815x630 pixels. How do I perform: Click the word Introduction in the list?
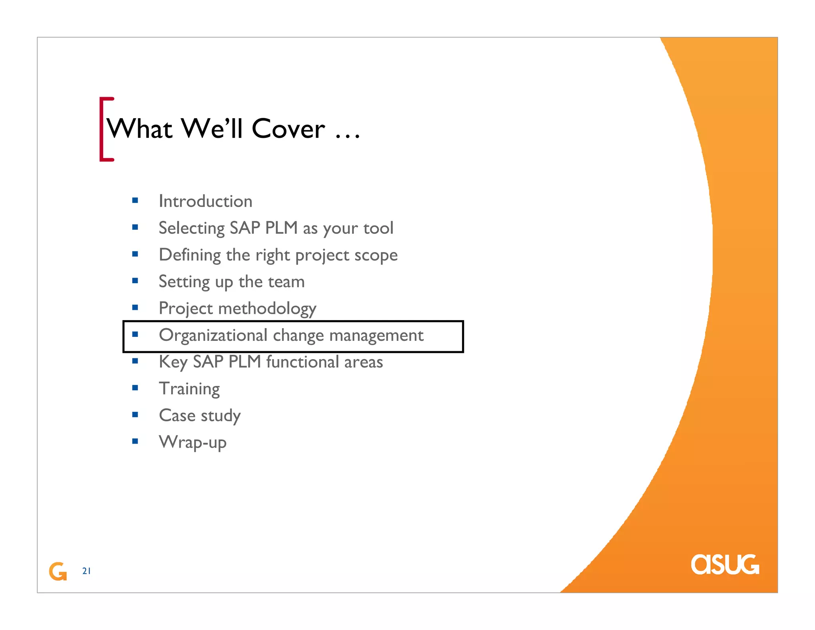tap(205, 201)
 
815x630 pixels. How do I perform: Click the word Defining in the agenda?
tap(189, 255)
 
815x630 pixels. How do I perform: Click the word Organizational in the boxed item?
tap(213, 335)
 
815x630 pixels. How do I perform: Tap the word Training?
tap(189, 389)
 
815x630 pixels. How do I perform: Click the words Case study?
tap(200, 416)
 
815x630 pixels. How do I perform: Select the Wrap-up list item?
tap(193, 442)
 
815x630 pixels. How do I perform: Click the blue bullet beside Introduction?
tap(135, 200)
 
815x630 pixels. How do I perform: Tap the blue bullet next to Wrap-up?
tap(135, 441)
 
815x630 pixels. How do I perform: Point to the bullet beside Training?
tap(135, 388)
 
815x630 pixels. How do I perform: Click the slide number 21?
tap(86, 571)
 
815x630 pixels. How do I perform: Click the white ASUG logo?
tap(725, 565)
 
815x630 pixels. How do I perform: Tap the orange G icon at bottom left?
tap(58, 571)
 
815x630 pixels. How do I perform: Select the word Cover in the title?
tap(288, 129)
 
